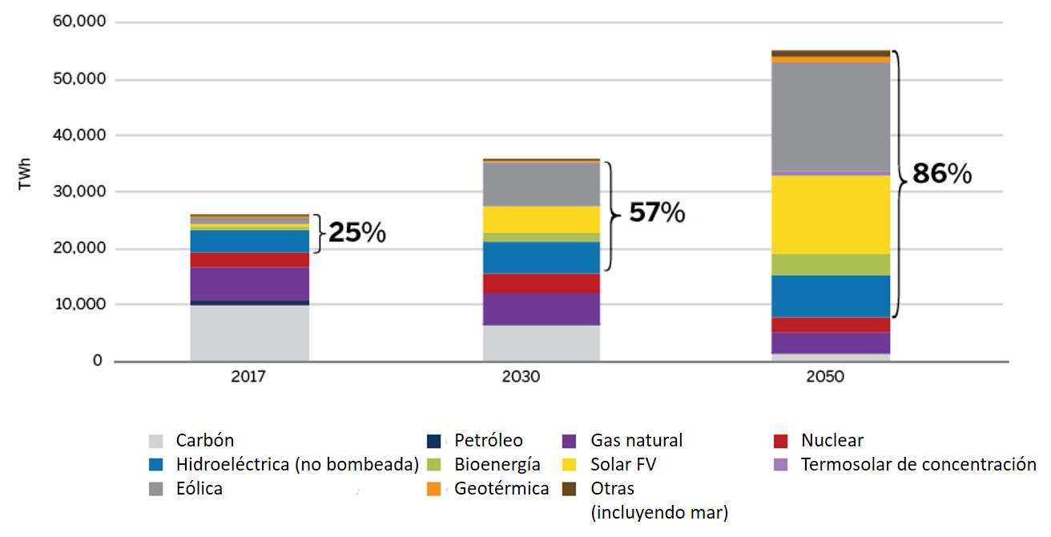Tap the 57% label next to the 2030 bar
657,212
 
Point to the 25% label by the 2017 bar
358,233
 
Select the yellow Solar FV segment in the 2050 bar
831,214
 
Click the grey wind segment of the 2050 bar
831,116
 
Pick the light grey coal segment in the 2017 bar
249,333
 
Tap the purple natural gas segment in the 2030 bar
540,309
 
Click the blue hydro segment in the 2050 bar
831,296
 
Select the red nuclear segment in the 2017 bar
249,260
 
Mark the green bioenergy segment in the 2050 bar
831,264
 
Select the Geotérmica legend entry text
501,488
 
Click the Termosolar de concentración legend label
918,464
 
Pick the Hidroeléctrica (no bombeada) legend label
297,464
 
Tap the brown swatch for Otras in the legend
570,488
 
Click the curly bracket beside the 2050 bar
901,184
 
